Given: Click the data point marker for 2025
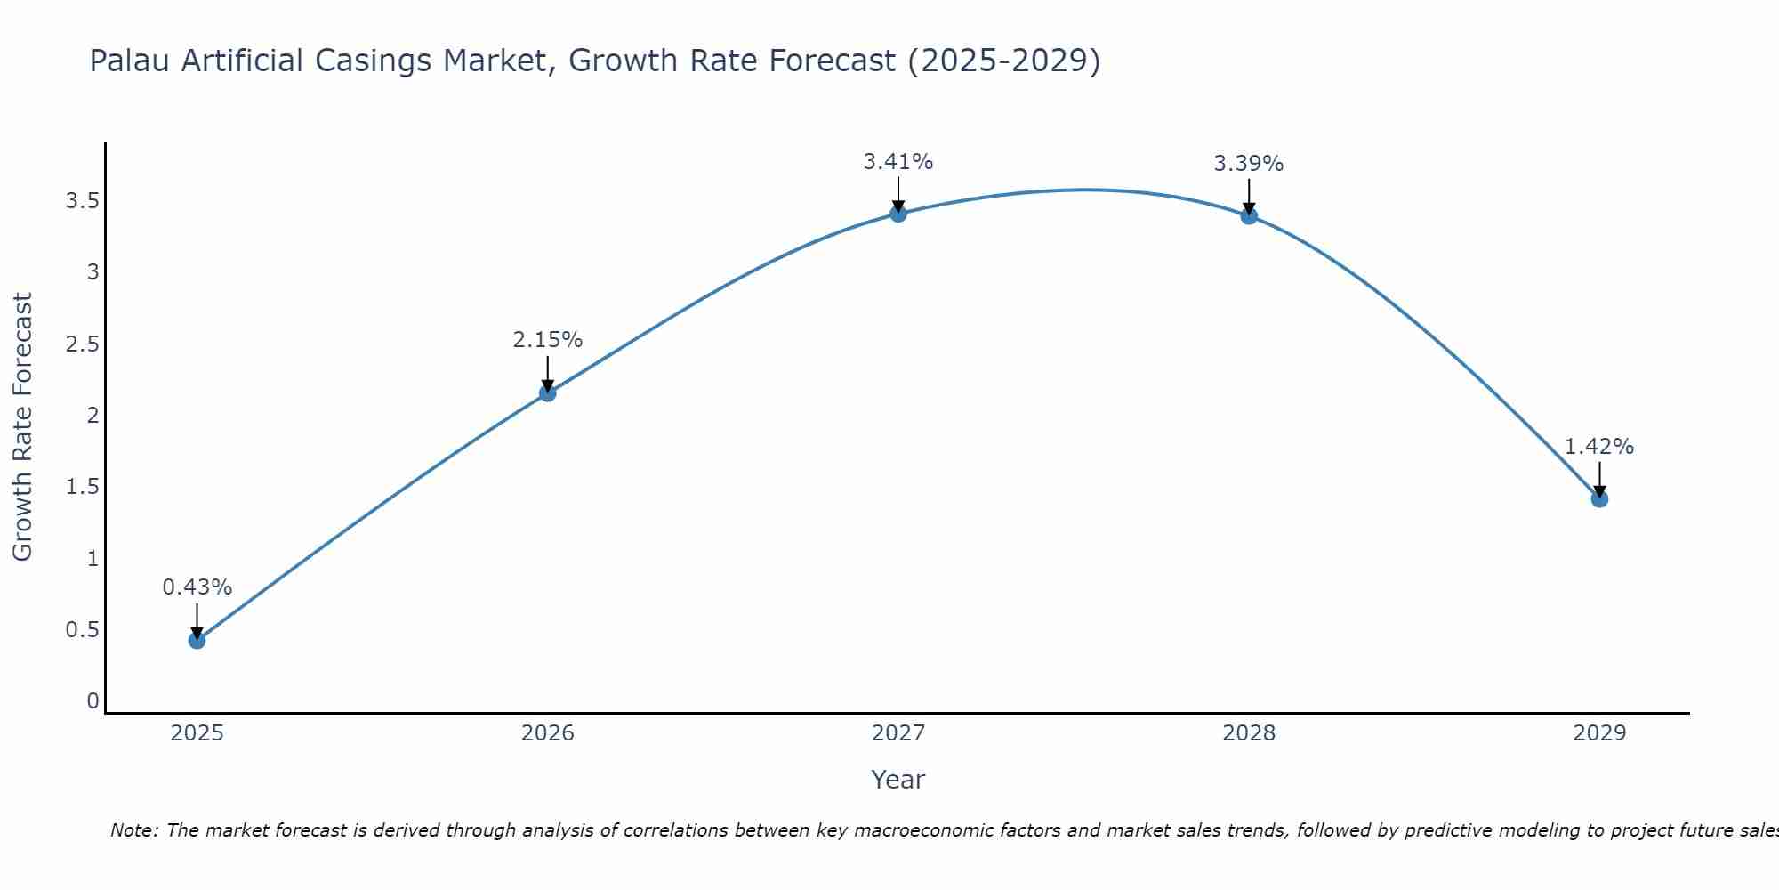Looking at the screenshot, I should [x=197, y=640].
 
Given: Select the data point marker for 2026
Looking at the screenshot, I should [x=548, y=393].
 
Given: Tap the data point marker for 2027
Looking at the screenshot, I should [x=898, y=214].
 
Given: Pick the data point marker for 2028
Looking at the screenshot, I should [x=1249, y=215].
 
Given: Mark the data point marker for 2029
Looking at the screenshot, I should [x=1599, y=498].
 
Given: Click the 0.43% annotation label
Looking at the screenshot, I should [x=197, y=587].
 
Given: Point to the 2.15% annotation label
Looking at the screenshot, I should [x=548, y=340].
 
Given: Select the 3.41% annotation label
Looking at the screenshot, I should [x=898, y=162].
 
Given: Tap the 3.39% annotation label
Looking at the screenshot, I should [x=1249, y=164].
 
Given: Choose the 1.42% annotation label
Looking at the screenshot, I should [x=1599, y=447].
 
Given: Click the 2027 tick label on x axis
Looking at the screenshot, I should [x=898, y=733].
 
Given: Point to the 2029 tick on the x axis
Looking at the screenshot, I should [x=1599, y=733].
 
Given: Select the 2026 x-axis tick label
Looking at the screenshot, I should [x=548, y=733].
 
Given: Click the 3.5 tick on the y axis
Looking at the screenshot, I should [x=82, y=201].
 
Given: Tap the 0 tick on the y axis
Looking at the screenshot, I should [x=93, y=701].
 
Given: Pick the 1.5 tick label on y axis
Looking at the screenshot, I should [x=82, y=487].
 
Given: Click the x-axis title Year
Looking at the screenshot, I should [x=898, y=780].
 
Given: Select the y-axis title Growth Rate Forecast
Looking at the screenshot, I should [x=23, y=427].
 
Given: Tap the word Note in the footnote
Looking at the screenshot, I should [x=133, y=830].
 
